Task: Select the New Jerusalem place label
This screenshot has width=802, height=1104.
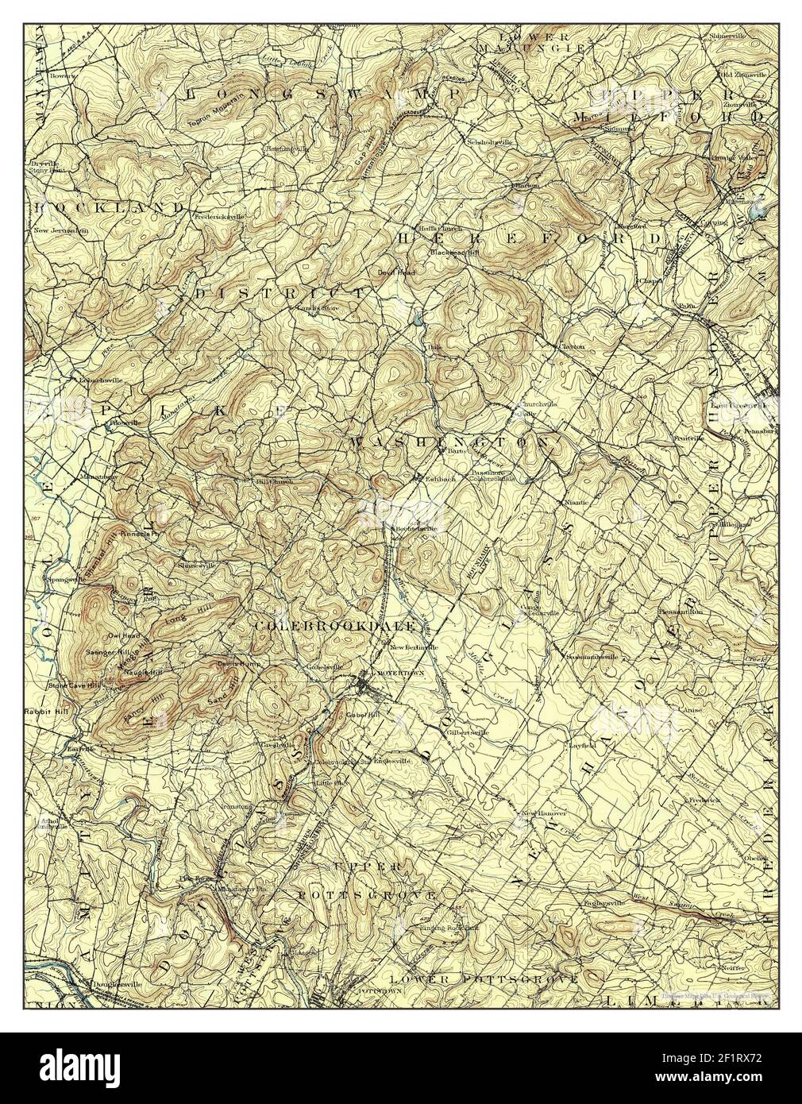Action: tap(60, 231)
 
